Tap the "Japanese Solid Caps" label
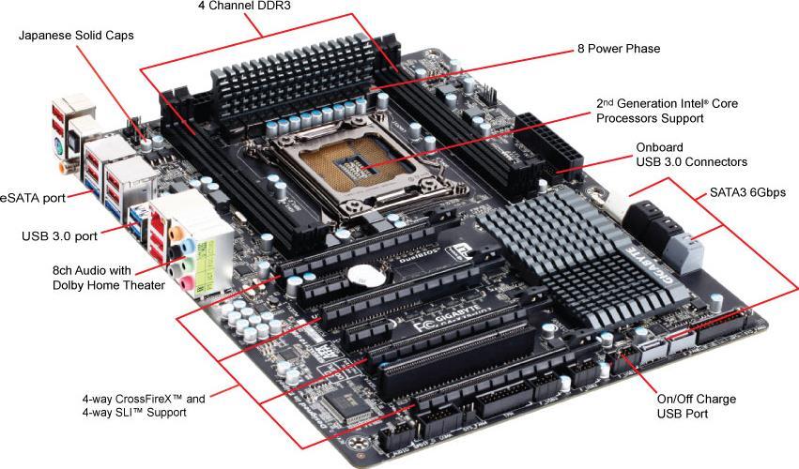click(x=76, y=36)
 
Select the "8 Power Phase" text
click(x=618, y=48)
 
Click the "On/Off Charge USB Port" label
click(x=696, y=405)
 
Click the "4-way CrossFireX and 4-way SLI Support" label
click(x=143, y=404)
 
